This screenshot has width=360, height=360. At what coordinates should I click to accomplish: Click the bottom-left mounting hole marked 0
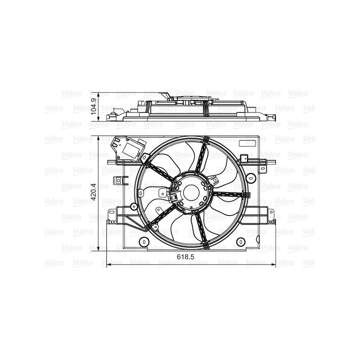coord(144,242)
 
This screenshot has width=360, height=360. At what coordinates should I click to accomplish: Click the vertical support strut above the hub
coord(202,155)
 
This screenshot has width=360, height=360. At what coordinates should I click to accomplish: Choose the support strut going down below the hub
coord(201,229)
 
